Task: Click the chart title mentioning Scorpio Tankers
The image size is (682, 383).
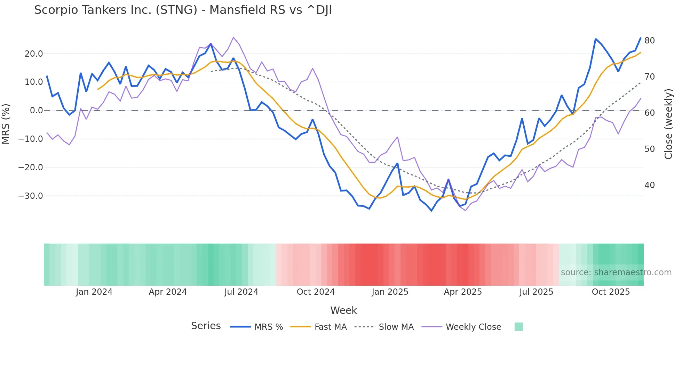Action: (183, 10)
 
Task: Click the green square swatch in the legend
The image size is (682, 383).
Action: (518, 327)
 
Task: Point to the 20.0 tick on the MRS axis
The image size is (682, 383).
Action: (34, 54)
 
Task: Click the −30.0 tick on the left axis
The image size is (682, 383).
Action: (31, 196)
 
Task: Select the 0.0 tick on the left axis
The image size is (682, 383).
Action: (37, 111)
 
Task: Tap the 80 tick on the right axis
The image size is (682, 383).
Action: (649, 41)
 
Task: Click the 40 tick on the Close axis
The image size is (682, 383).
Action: (649, 185)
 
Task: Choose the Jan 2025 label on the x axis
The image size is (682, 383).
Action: (390, 292)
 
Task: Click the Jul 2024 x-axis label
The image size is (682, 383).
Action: (241, 292)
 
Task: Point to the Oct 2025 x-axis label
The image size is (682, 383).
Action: (611, 292)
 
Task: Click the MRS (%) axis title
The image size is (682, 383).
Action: (6, 124)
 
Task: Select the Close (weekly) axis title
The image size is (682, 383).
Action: (668, 124)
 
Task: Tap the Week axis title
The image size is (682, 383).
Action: (343, 310)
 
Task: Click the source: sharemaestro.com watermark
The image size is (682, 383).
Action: (616, 272)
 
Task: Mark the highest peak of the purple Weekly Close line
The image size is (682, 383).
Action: (233, 37)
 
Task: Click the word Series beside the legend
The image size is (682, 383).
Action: (206, 326)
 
